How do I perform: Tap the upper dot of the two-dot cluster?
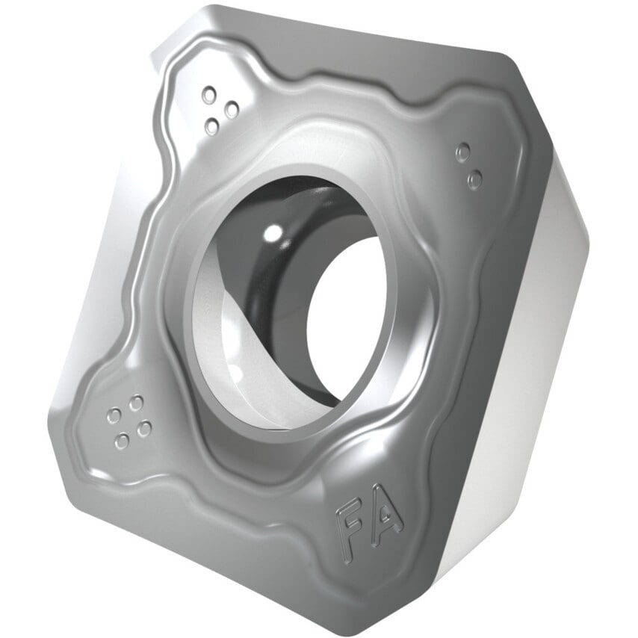pos(463,152)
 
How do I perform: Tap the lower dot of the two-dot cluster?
pos(474,179)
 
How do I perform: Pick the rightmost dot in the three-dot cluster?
pos(232,110)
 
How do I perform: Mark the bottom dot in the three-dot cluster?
pos(212,127)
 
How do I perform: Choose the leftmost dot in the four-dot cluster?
pos(114,416)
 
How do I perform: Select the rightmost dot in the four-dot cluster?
pos(144,428)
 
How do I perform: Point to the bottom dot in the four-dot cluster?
pos(122,442)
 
